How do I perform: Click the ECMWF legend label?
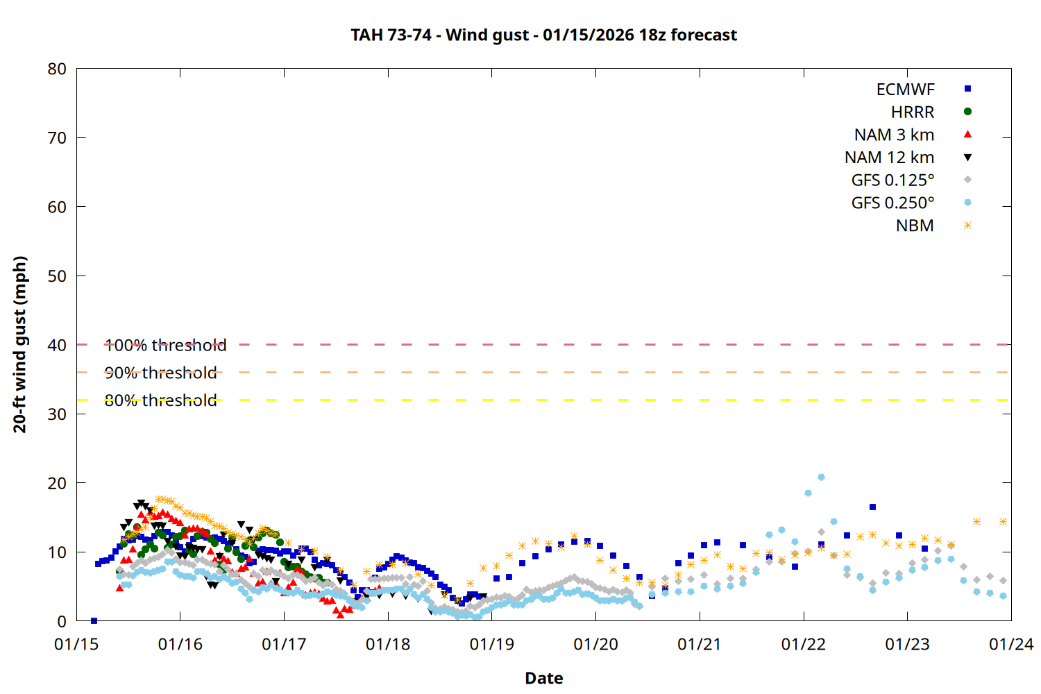coord(905,90)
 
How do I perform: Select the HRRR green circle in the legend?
coord(967,112)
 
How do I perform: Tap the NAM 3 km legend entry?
coord(894,135)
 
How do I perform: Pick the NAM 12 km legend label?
coord(889,158)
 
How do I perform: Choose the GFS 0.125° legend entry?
coord(892,180)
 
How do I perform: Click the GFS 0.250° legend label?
coord(892,203)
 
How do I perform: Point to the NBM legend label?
coord(915,226)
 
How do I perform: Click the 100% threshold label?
coord(165,345)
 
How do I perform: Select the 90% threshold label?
coord(160,373)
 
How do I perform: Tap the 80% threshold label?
coord(160,400)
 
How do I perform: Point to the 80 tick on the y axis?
coord(57,69)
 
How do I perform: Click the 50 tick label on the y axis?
coord(57,276)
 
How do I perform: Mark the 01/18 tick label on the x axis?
coord(388,645)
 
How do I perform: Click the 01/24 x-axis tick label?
coord(1010,645)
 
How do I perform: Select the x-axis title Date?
coord(543,678)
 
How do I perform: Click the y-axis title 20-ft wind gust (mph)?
coord(20,344)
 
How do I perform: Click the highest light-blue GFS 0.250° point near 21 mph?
coord(821,477)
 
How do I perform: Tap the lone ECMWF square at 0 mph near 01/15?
coord(94,620)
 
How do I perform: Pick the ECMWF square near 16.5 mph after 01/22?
coord(872,507)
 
